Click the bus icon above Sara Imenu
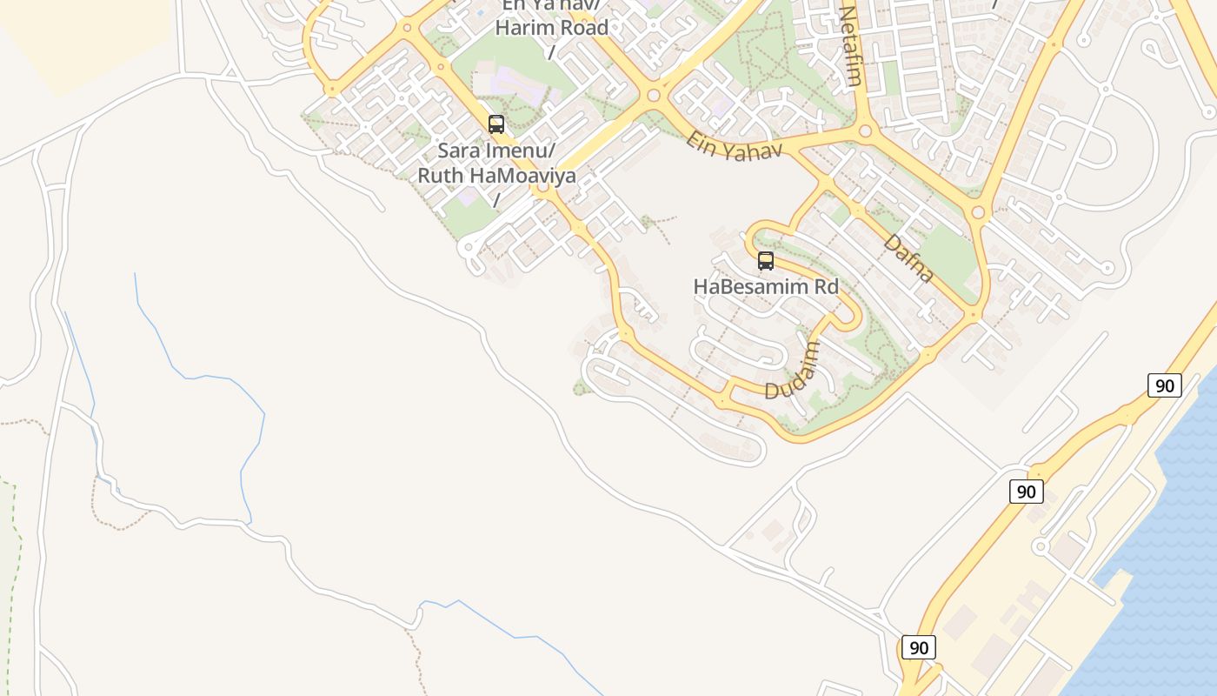pyautogui.click(x=496, y=124)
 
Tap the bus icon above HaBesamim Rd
pyautogui.click(x=766, y=261)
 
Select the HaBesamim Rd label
pyautogui.click(x=766, y=286)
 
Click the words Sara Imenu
pyautogui.click(x=495, y=151)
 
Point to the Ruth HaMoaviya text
pyautogui.click(x=496, y=175)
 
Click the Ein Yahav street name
pyautogui.click(x=735, y=145)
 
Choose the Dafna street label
pyautogui.click(x=909, y=258)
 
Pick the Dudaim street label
pyautogui.click(x=794, y=371)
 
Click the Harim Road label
pyautogui.click(x=551, y=27)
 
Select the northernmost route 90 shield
pyautogui.click(x=1165, y=385)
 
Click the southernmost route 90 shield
pyautogui.click(x=919, y=647)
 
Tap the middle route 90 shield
pyautogui.click(x=1026, y=492)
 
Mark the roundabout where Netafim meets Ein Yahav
pyautogui.click(x=865, y=132)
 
